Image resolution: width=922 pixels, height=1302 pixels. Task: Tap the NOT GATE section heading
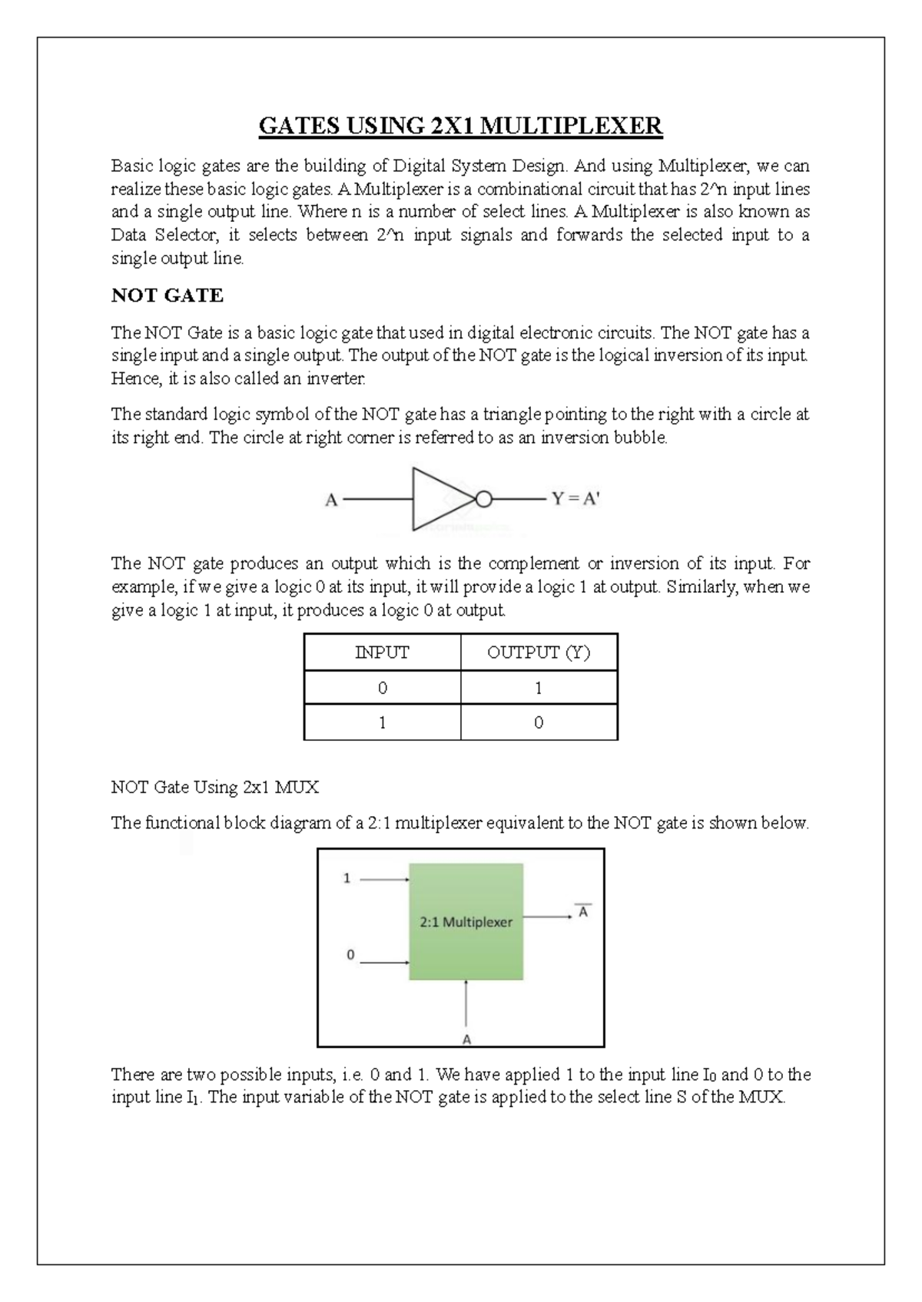tap(167, 296)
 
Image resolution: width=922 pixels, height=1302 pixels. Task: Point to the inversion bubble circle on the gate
tap(483, 500)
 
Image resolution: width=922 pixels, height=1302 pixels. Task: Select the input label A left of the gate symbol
tap(331, 500)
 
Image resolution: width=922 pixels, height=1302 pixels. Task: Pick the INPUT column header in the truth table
tap(382, 653)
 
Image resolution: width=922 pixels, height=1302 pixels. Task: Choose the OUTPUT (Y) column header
tap(539, 653)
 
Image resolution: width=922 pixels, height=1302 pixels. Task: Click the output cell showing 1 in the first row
tap(539, 688)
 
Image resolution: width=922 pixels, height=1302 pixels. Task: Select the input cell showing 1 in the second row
tap(382, 722)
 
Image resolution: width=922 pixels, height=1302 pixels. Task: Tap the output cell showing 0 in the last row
tap(539, 722)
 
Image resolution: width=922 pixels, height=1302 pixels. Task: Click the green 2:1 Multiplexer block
tap(466, 921)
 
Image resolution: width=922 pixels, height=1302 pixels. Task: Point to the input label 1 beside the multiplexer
tap(347, 878)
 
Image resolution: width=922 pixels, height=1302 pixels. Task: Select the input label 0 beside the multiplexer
tap(350, 955)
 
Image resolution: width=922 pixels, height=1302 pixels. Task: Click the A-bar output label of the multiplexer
tap(584, 912)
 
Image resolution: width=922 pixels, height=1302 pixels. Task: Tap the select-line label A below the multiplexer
tap(466, 1039)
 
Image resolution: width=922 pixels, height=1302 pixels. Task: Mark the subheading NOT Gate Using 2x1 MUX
tap(214, 787)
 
